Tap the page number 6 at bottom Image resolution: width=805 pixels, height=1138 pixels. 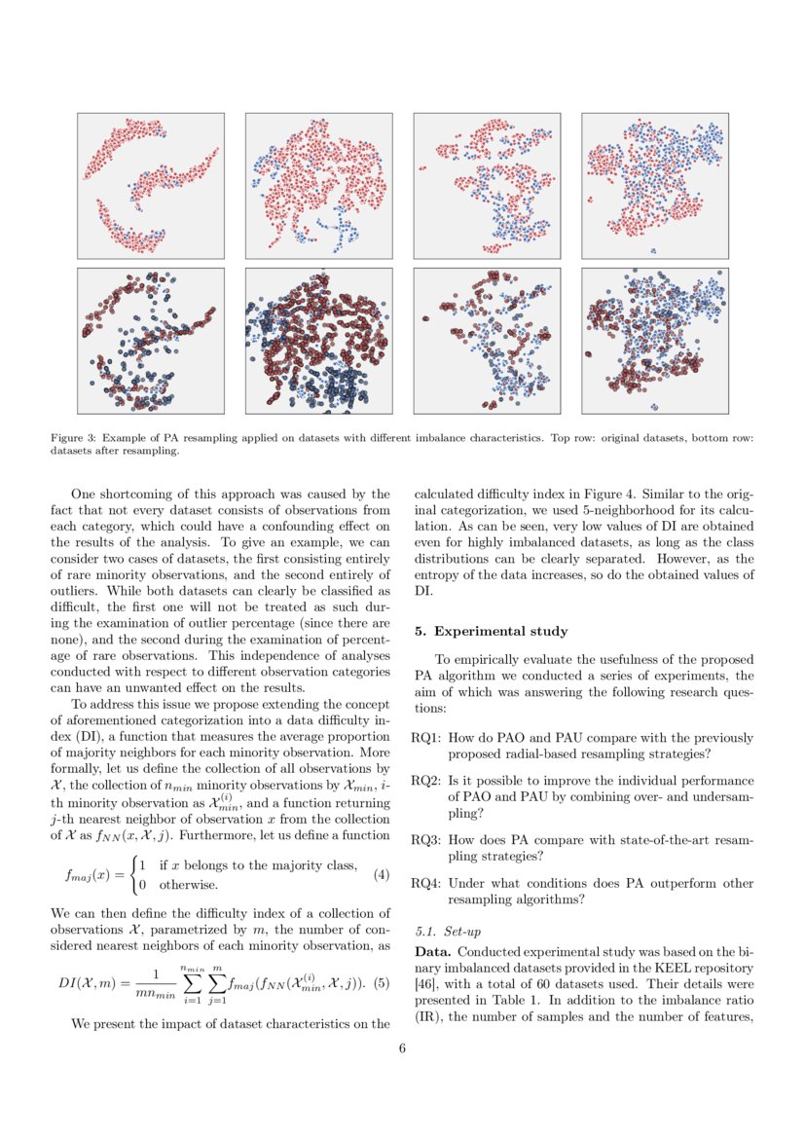point(402,1048)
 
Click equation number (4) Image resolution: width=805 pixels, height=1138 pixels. point(381,874)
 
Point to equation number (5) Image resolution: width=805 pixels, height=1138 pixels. point(381,982)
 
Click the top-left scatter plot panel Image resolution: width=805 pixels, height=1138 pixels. point(150,186)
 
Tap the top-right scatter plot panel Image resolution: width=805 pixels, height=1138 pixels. point(654,186)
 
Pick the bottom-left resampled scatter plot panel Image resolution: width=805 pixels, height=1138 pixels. point(150,340)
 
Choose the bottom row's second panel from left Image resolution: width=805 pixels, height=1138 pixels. point(318,340)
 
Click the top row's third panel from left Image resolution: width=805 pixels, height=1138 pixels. point(487,186)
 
